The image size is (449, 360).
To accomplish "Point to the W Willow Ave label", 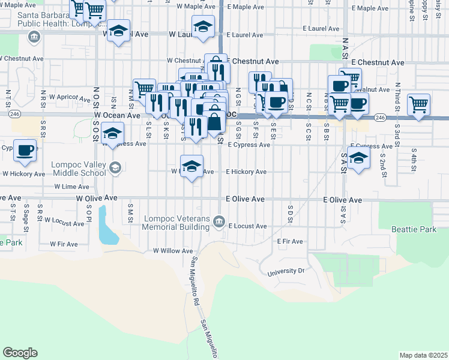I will [x=173, y=251].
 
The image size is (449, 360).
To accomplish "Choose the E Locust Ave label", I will [x=247, y=226].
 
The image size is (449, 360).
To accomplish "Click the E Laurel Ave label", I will [x=321, y=28].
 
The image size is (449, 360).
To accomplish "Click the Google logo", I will [x=20, y=352].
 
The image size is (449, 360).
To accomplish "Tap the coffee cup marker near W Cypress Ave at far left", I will [x=25, y=150].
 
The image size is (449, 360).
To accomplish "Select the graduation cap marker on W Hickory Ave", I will [x=191, y=166].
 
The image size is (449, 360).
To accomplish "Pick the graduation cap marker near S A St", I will [x=358, y=159].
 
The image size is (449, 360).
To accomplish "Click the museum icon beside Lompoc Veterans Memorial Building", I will [x=220, y=219].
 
